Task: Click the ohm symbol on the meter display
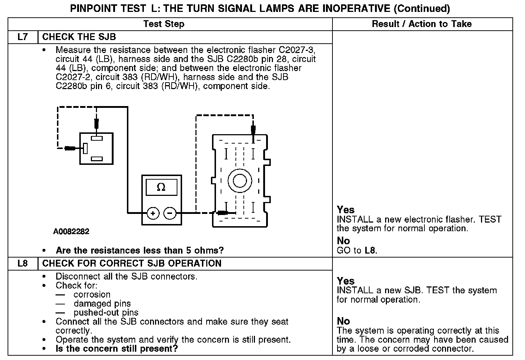(161, 188)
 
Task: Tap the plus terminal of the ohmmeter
(153, 213)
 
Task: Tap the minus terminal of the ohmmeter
(170, 213)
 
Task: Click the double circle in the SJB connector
(240, 180)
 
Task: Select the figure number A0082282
(71, 232)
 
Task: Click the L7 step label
(22, 37)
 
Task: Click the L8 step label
(22, 263)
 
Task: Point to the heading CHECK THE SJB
(79, 37)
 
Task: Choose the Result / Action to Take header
(422, 24)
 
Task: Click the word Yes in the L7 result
(345, 210)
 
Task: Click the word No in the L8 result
(343, 321)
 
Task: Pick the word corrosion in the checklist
(92, 294)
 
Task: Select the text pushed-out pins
(106, 312)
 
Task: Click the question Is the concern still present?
(117, 349)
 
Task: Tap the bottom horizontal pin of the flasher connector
(97, 159)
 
